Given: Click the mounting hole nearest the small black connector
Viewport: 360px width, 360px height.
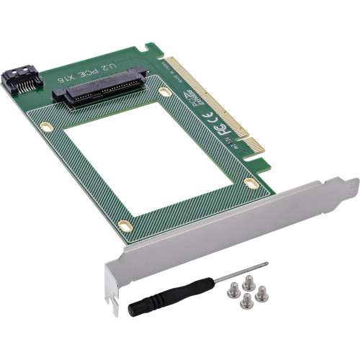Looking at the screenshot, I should click(47, 127).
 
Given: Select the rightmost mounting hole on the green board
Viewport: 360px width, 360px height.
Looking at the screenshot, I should click(250, 184).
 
